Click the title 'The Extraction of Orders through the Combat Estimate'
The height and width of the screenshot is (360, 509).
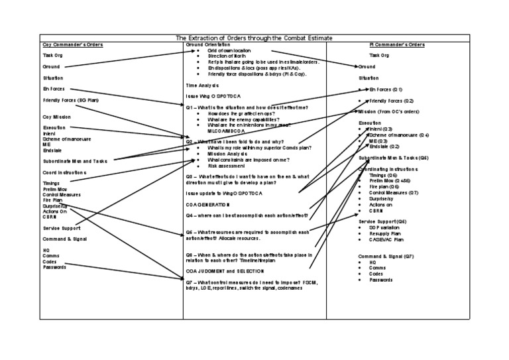pyautogui.click(x=254, y=38)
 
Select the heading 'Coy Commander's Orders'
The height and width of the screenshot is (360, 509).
pyautogui.click(x=63, y=45)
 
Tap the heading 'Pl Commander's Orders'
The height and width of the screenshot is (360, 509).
pyautogui.click(x=396, y=45)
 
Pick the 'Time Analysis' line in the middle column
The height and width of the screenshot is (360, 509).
pyautogui.click(x=201, y=86)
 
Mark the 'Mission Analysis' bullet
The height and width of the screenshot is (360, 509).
pyautogui.click(x=227, y=154)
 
